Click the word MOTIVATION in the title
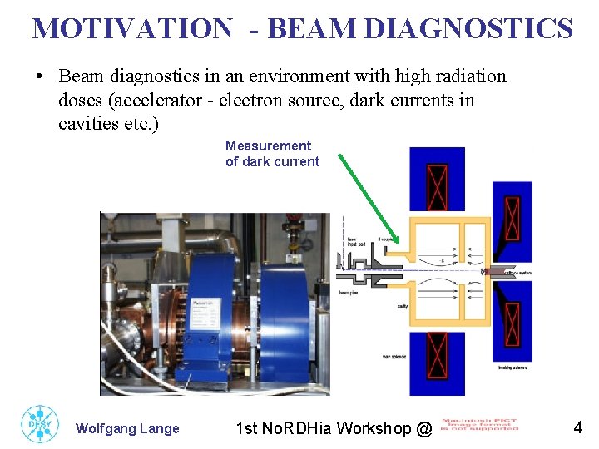132,28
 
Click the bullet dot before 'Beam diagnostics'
39,77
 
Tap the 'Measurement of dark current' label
272,154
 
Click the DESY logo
38,424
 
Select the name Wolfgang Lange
127,429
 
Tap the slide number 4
577,428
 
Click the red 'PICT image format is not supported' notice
478,425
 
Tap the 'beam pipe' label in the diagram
348,292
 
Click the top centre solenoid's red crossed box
436,188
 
